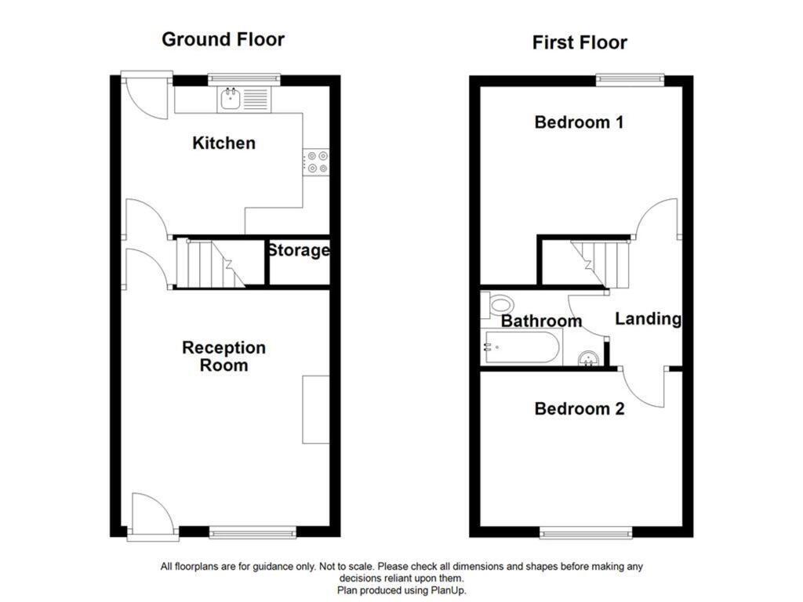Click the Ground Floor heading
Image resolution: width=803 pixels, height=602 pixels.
[x=223, y=39]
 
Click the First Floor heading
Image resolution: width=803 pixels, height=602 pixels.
[x=580, y=42]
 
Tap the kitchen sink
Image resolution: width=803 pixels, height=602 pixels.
[x=231, y=99]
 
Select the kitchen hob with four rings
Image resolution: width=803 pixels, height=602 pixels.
[x=318, y=161]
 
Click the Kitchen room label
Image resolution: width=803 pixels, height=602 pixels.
[x=223, y=143]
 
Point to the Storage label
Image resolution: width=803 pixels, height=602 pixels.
[x=298, y=251]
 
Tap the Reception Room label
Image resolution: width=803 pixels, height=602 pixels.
[x=223, y=357]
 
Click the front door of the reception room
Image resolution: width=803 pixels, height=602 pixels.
[x=152, y=517]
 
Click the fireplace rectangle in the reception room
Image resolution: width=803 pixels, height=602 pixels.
[x=315, y=409]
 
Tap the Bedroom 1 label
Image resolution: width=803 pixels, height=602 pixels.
[x=579, y=122]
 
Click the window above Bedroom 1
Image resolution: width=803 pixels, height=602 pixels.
[x=629, y=78]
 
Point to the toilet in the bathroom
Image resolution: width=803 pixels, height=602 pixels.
[x=497, y=304]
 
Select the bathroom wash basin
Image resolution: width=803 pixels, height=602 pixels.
[x=588, y=359]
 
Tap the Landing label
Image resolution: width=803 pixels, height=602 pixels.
[x=648, y=319]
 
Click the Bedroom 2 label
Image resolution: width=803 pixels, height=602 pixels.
[x=580, y=408]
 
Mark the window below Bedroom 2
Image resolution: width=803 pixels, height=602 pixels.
[x=586, y=533]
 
